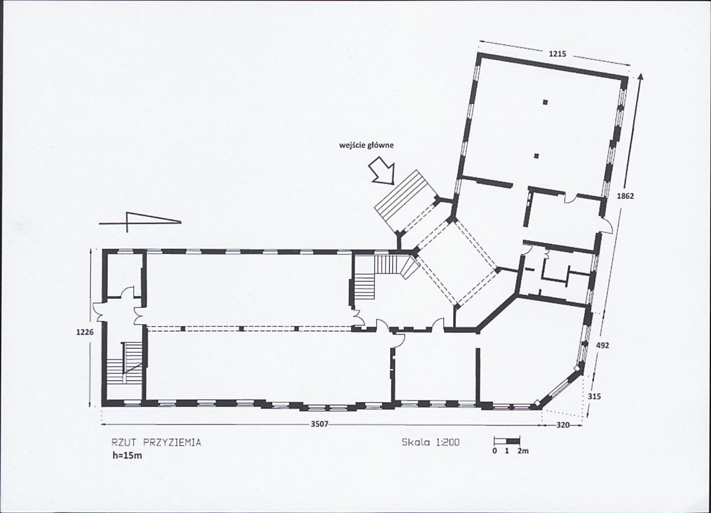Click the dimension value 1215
(x=557, y=54)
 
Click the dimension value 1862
(x=626, y=196)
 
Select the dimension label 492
(x=602, y=344)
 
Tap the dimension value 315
(x=595, y=397)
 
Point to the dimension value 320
(x=563, y=425)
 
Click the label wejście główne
(x=366, y=144)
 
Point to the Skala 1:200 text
(x=431, y=442)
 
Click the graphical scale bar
(x=507, y=441)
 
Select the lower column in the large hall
(x=536, y=156)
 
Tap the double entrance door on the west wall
(x=99, y=311)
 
